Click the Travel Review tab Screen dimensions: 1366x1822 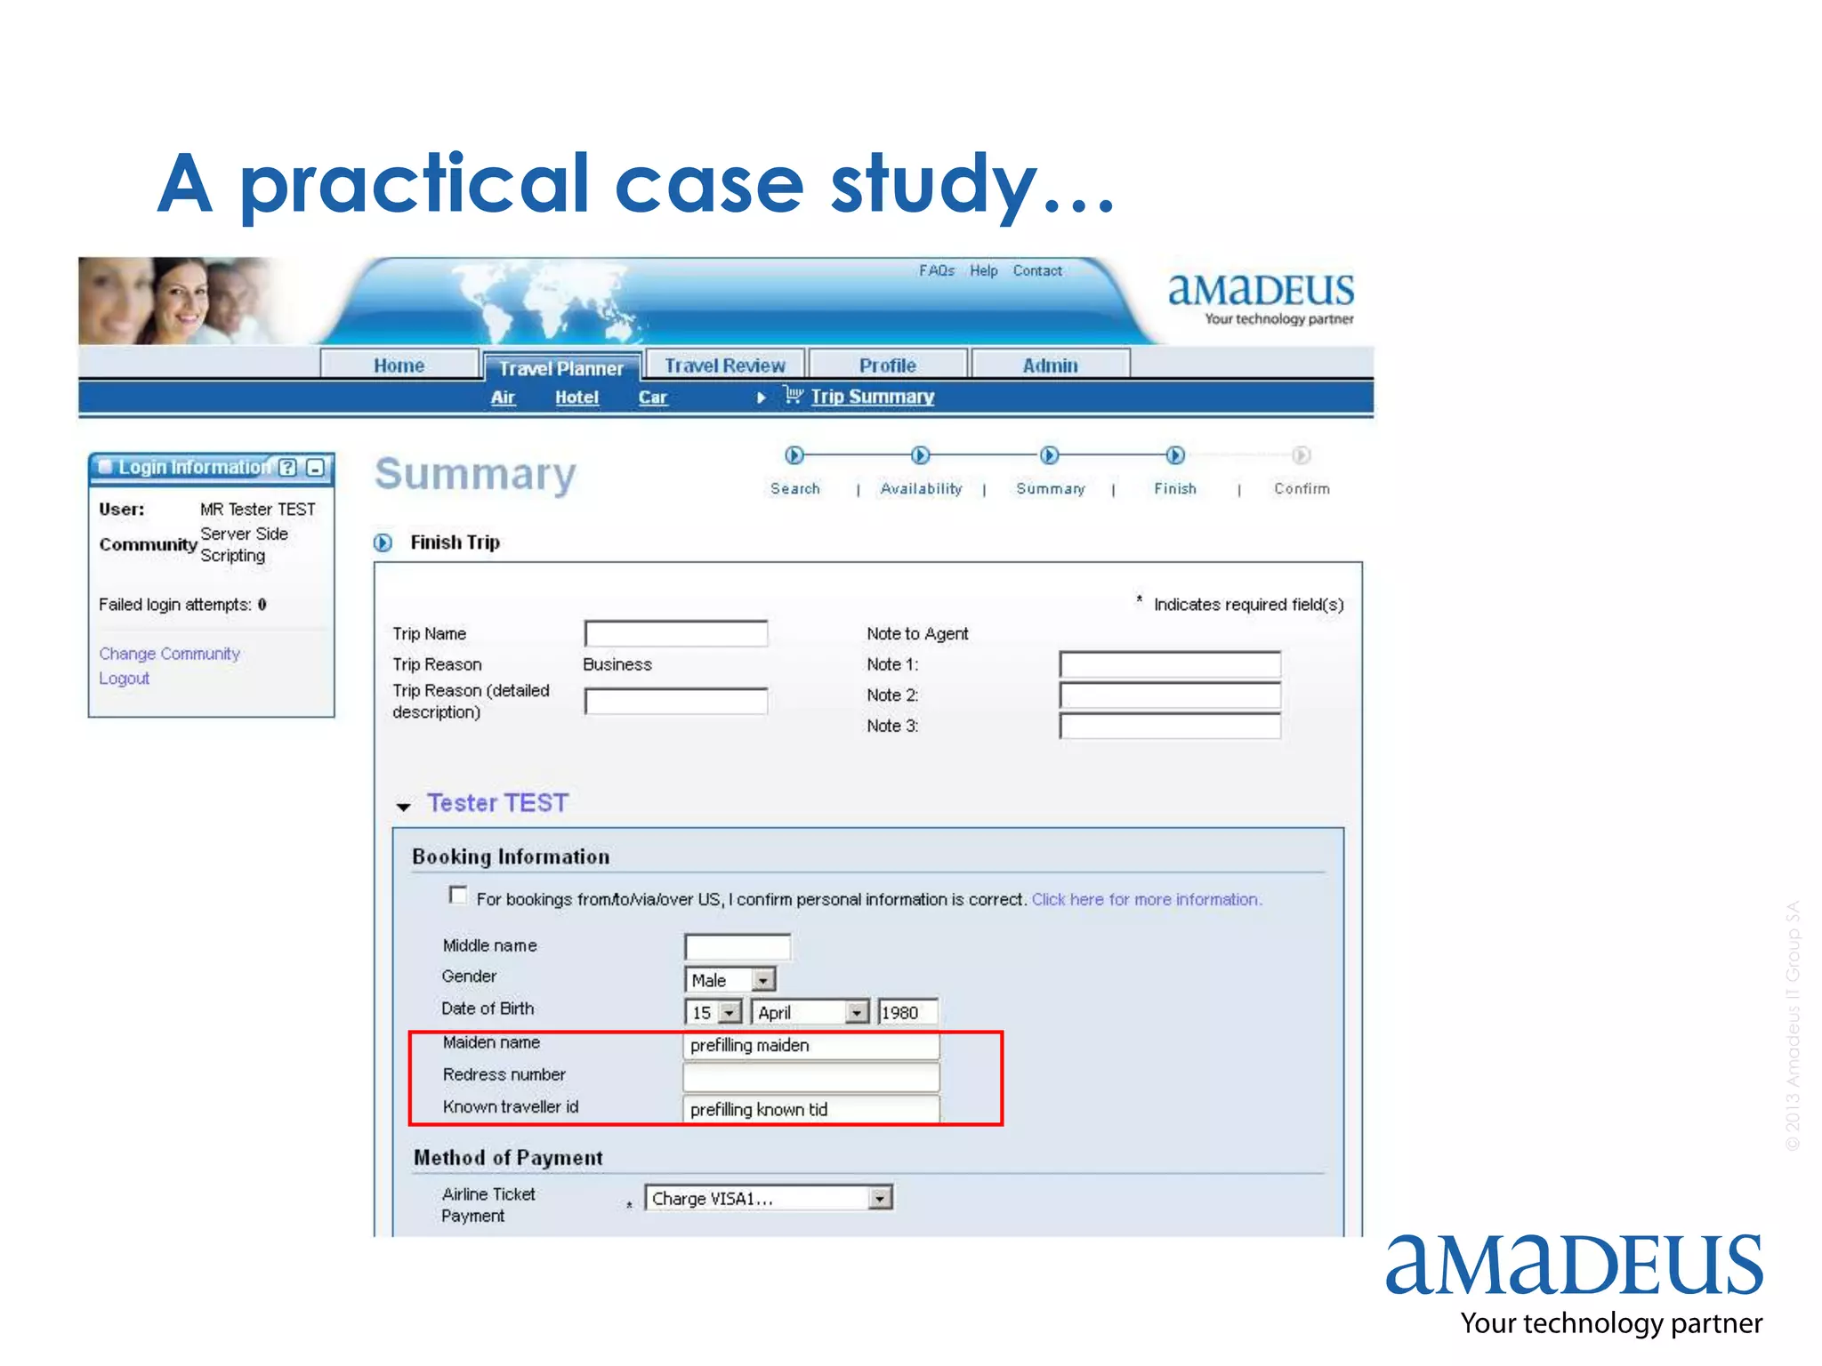coord(725,366)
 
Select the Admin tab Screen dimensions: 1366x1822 coord(1050,366)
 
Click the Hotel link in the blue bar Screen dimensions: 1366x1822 coord(576,398)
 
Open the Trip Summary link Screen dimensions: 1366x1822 coord(872,397)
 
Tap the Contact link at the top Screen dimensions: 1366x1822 coord(1037,270)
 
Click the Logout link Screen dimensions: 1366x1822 coord(124,679)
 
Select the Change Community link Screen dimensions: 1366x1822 coord(169,654)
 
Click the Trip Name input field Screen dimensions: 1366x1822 coord(676,634)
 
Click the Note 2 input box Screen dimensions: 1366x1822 coord(1170,695)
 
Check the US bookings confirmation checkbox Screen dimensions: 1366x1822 coord(458,896)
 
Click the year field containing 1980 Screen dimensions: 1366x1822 coord(907,1012)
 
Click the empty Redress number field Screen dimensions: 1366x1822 coord(810,1077)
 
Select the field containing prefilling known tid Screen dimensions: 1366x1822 coord(810,1109)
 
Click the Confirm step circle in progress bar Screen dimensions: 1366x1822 coord(1301,455)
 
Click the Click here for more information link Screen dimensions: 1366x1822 coord(1146,899)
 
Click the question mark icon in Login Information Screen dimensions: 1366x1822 coord(287,468)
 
